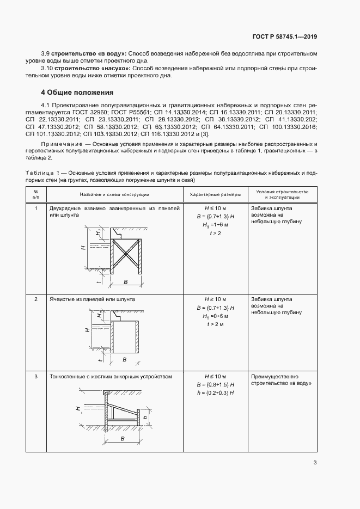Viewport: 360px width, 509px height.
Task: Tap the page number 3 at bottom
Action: [x=315, y=463]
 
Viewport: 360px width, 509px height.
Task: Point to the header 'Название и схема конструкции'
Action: [x=114, y=194]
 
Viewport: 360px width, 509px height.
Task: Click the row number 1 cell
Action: [x=36, y=208]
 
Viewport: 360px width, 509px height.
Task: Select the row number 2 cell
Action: [x=36, y=299]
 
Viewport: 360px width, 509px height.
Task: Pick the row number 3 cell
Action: [x=36, y=376]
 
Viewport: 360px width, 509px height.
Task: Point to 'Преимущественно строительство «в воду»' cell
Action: [x=281, y=380]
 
